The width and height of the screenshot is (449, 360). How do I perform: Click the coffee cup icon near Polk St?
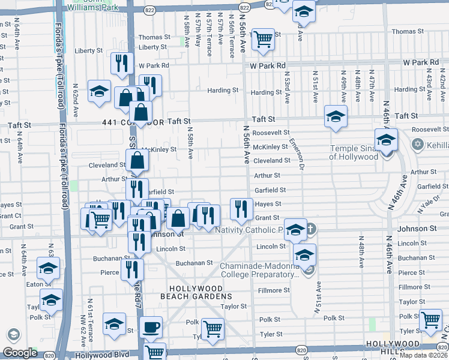click(x=151, y=328)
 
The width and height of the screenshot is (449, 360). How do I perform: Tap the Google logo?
click(x=20, y=353)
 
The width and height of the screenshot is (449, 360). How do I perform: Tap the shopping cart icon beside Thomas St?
click(x=263, y=39)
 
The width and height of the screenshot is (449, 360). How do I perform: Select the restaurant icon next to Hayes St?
click(x=241, y=209)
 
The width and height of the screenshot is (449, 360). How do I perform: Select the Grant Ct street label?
click(x=11, y=215)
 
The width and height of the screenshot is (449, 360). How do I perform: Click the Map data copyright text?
click(x=423, y=355)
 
